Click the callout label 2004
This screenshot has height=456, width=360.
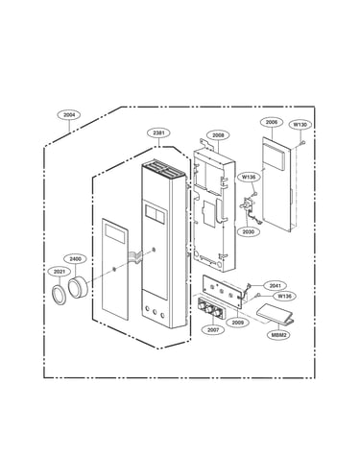click(69, 114)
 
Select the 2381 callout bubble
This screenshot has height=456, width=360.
click(158, 132)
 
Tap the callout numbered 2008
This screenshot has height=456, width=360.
click(218, 135)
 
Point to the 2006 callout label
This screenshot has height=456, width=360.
click(272, 122)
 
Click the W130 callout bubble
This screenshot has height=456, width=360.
click(300, 125)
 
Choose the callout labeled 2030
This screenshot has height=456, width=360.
click(249, 231)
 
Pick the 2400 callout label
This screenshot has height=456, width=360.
click(75, 258)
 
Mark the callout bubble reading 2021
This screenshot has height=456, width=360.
click(60, 272)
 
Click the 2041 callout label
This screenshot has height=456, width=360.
click(275, 285)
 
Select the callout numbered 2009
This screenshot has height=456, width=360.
click(238, 323)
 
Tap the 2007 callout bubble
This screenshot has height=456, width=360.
click(213, 329)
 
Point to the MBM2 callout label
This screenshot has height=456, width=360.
click(278, 335)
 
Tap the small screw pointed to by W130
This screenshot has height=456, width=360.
click(302, 143)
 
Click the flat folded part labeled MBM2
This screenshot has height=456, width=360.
click(276, 314)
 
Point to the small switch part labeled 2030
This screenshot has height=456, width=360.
click(248, 204)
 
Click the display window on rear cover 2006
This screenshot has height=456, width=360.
click(274, 156)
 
